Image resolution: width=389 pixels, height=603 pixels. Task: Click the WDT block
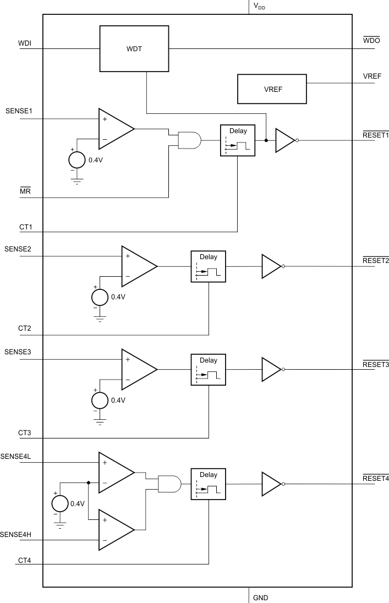[x=134, y=48]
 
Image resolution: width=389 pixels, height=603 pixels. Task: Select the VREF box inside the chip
[x=272, y=89]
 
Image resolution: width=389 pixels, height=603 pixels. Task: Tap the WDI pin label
[x=25, y=43]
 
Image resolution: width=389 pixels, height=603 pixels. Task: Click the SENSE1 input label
[x=19, y=111]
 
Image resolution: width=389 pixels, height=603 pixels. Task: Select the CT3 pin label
[x=24, y=433]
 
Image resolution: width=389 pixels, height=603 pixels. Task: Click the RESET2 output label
[x=375, y=260]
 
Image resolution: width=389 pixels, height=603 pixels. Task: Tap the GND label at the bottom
[x=260, y=597]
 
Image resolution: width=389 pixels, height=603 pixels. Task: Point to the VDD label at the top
[x=259, y=6]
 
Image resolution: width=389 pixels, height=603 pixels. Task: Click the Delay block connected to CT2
[x=209, y=266]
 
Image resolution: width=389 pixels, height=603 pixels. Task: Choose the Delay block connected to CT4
[x=209, y=484]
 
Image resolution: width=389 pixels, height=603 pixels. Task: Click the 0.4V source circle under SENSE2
[x=100, y=297]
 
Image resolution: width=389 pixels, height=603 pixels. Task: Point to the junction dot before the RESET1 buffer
[x=266, y=140]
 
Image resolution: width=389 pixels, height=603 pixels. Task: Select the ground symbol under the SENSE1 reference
[x=76, y=182]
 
